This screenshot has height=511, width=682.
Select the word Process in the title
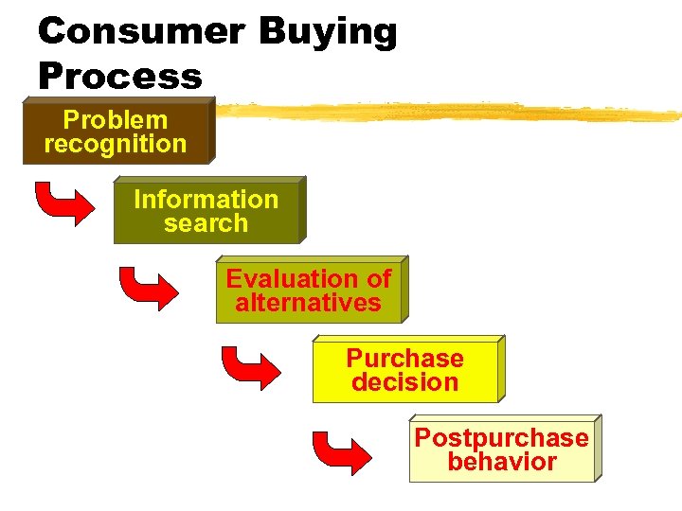(x=120, y=76)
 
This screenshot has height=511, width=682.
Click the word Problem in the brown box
(x=115, y=120)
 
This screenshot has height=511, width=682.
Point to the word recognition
(x=115, y=145)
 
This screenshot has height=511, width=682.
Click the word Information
(x=206, y=200)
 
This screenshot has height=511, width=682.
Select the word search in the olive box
(x=206, y=224)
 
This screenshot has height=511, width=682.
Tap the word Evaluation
(x=284, y=279)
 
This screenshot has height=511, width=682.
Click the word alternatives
(x=308, y=304)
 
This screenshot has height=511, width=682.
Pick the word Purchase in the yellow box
(x=404, y=359)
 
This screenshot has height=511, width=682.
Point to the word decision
(x=404, y=383)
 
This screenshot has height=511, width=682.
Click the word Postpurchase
(x=501, y=438)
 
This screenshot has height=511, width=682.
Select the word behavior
(x=501, y=463)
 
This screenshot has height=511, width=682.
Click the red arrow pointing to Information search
(x=63, y=203)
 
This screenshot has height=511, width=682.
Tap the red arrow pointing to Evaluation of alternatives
(x=147, y=286)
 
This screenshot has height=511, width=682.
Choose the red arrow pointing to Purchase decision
(x=248, y=365)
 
